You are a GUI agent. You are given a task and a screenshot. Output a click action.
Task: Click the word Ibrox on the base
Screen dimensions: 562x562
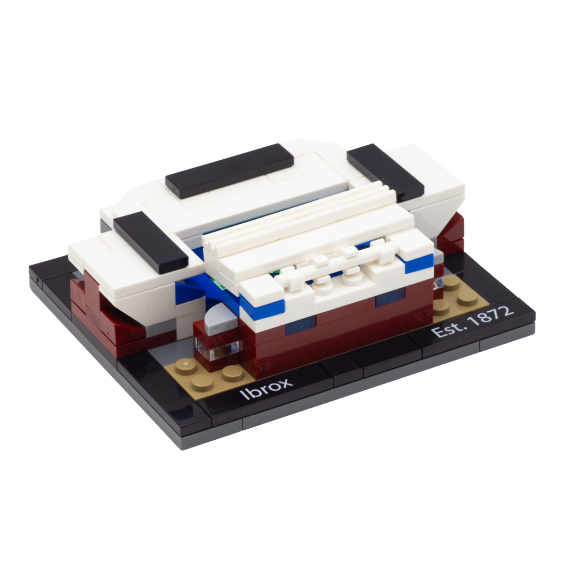pos(266,388)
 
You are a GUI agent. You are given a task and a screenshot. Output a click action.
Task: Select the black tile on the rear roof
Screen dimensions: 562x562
pos(229,171)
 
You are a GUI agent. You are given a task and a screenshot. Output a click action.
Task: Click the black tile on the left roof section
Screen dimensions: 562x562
pos(150,242)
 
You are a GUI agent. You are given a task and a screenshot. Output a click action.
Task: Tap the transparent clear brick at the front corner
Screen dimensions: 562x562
pos(217,349)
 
